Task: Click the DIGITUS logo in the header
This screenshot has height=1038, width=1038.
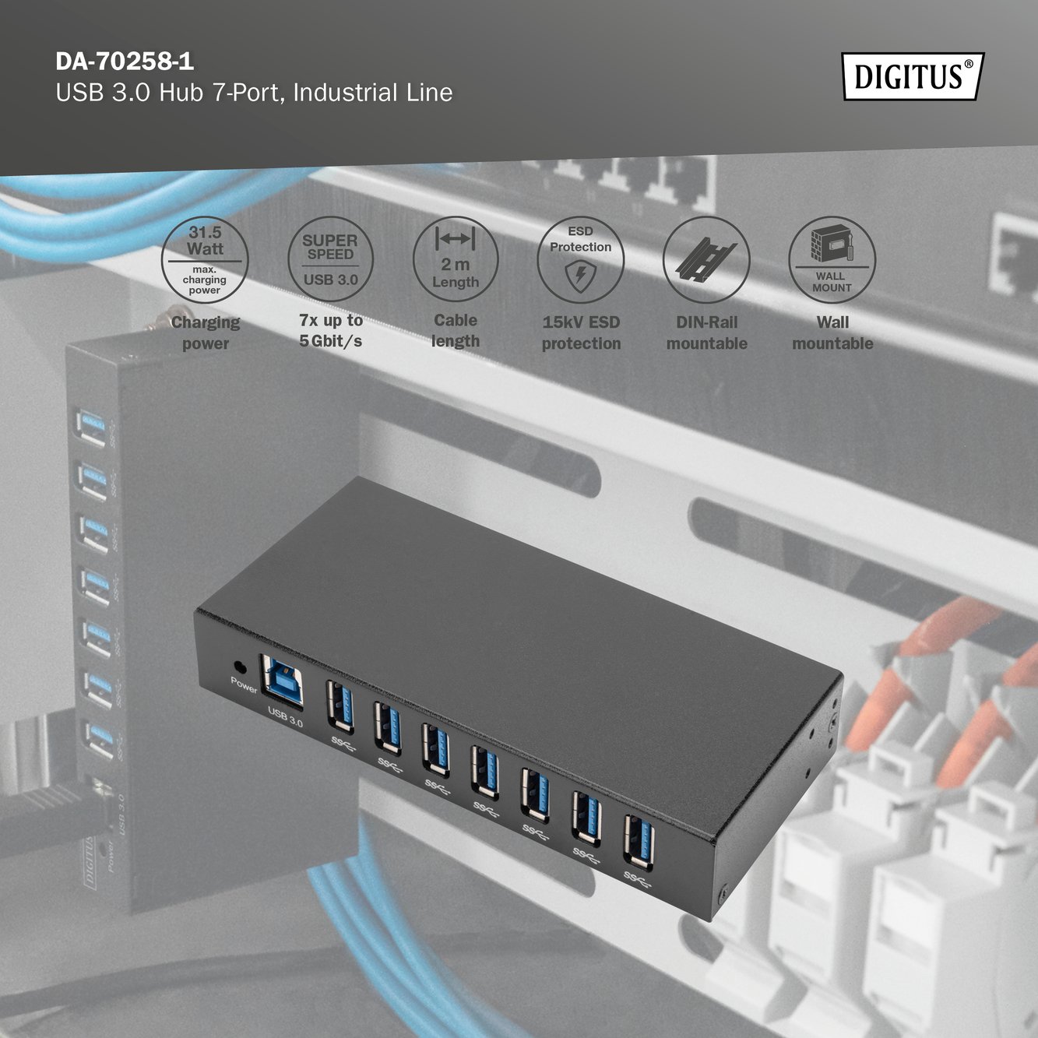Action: (x=913, y=76)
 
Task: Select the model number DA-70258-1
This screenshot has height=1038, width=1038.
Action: (x=125, y=62)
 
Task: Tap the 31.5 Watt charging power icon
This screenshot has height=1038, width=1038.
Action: (x=205, y=260)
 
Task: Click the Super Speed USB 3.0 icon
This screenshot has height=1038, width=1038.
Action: (x=330, y=259)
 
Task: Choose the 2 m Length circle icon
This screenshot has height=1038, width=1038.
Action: (x=456, y=259)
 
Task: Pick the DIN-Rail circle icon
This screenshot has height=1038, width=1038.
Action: (x=706, y=260)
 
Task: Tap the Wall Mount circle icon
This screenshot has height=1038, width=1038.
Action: (x=832, y=260)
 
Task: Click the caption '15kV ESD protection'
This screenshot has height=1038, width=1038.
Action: (x=581, y=333)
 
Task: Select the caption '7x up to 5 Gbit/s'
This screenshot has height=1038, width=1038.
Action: (x=331, y=331)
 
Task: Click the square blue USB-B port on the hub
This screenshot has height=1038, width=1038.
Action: (x=282, y=681)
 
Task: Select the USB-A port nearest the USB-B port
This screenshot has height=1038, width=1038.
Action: (x=340, y=707)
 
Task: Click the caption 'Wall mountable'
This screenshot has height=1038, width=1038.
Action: (x=832, y=333)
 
